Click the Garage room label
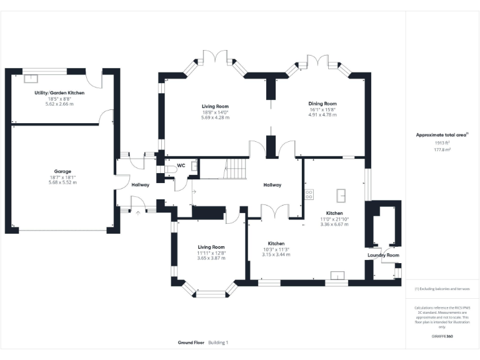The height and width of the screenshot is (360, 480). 62,171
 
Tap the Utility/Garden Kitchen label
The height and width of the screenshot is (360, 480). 59,92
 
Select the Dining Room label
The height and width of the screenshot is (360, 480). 322,104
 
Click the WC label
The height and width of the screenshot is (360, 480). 181,165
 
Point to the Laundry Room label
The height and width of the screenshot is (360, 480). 383,255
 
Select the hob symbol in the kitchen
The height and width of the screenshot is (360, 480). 309,194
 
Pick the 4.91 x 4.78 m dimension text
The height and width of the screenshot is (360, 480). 322,115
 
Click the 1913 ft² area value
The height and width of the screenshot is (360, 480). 442,142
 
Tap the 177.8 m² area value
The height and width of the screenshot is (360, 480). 442,149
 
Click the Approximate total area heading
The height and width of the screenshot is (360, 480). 442,134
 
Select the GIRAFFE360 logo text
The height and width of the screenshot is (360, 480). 442,336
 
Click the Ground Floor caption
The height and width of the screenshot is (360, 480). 188,342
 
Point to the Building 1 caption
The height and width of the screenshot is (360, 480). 219,342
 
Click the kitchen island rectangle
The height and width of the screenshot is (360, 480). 341,196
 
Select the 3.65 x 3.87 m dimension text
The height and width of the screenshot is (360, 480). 211,258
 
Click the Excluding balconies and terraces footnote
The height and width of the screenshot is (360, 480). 442,289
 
